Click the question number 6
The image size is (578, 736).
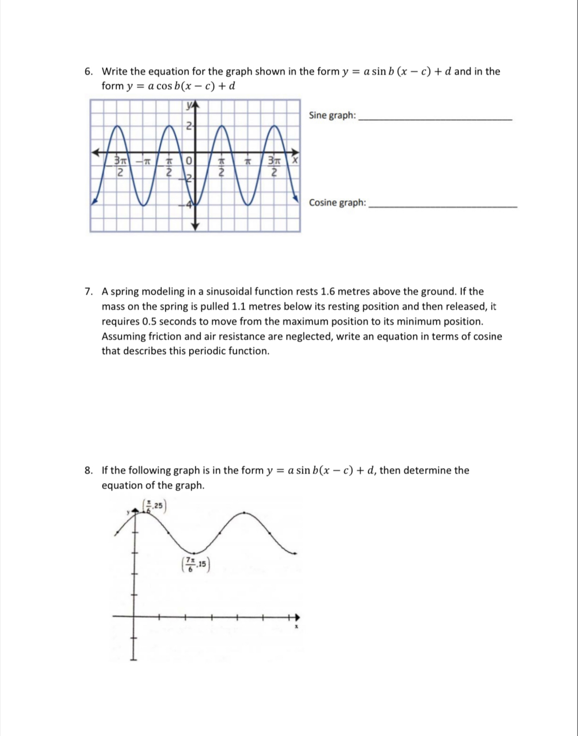(88, 72)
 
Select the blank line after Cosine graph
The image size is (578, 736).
(442, 206)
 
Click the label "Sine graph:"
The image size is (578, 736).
(332, 115)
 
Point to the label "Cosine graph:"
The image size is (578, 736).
(337, 203)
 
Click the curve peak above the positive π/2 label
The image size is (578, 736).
(221, 126)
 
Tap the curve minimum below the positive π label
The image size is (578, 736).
(248, 205)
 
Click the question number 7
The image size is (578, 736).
(88, 292)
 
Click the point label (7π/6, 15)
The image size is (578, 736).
(195, 564)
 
